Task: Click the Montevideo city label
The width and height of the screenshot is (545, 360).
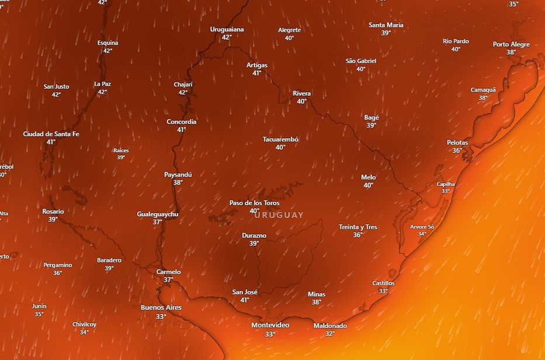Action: tap(270, 325)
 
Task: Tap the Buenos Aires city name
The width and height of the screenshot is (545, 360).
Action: tap(161, 307)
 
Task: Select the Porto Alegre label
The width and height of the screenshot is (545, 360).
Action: tap(511, 44)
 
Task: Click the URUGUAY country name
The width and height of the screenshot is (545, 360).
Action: tap(279, 215)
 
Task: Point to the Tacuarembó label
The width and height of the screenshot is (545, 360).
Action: tap(280, 140)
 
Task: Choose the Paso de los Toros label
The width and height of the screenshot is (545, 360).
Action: tap(254, 203)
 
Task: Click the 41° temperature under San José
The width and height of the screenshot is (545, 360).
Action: tap(245, 300)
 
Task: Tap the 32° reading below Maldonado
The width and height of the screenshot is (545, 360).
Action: tap(330, 334)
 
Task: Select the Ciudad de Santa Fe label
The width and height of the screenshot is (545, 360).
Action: tap(51, 134)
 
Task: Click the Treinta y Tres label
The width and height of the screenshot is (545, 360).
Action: tap(357, 227)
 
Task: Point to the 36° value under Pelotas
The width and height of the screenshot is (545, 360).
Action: tap(457, 151)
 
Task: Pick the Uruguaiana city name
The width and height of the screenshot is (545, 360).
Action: tap(227, 29)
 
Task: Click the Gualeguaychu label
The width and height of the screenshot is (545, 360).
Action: tap(158, 214)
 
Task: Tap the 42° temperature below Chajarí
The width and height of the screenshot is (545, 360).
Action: tap(183, 92)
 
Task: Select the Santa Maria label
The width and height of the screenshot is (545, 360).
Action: tap(386, 25)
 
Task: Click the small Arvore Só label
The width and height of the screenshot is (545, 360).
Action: tap(422, 227)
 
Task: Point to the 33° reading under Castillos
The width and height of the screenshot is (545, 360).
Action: tap(383, 291)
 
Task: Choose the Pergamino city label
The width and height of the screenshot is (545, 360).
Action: tap(58, 265)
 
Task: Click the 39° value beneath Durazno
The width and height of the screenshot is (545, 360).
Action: tap(254, 244)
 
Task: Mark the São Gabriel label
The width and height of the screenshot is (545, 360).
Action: tap(361, 61)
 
